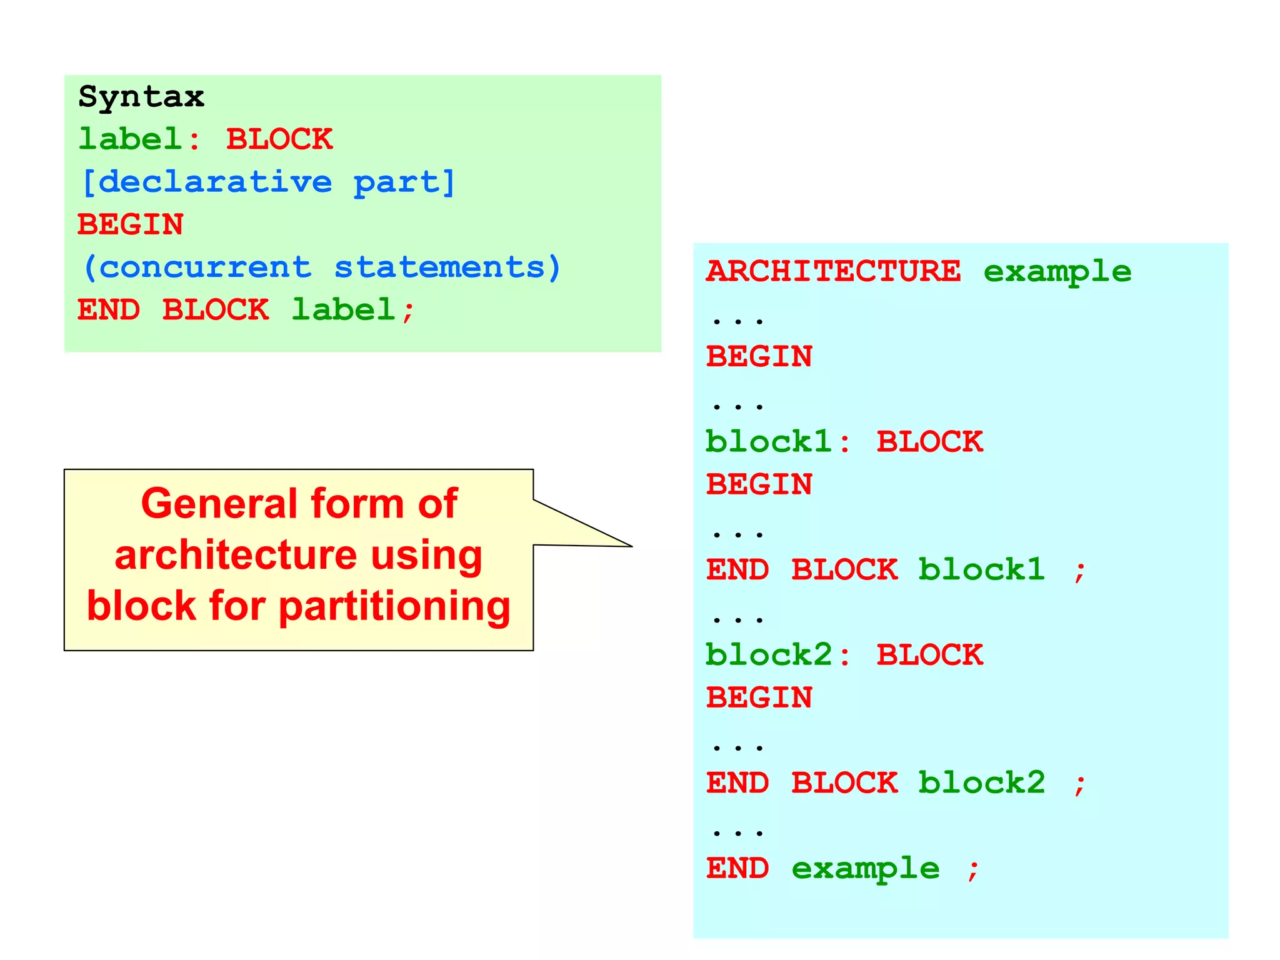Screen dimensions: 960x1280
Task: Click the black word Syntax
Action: tap(141, 97)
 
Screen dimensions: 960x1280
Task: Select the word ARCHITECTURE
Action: tap(833, 271)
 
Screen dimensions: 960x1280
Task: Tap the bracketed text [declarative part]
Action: tap(268, 182)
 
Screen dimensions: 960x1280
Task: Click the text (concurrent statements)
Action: tap(321, 268)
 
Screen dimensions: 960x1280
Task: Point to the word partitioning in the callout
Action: tap(394, 607)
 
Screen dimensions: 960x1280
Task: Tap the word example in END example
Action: tap(866, 869)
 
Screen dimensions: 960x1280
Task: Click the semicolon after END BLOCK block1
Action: tap(1079, 571)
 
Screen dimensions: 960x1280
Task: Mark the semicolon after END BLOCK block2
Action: tap(1079, 784)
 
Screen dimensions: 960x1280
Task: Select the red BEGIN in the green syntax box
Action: tap(131, 225)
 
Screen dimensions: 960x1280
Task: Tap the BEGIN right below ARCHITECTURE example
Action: tap(759, 357)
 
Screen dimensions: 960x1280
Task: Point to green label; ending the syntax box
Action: tap(352, 311)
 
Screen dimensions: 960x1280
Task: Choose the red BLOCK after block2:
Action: tap(929, 656)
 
